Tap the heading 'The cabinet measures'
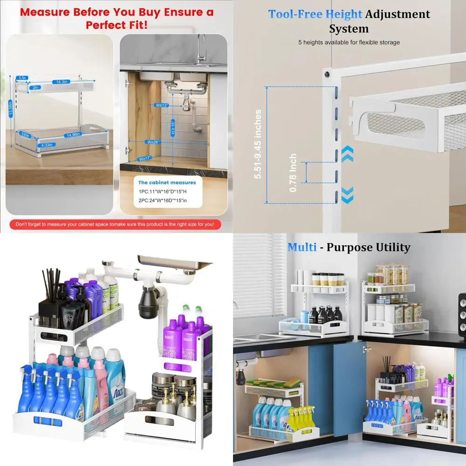pyautogui.click(x=167, y=183)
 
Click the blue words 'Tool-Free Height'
pyautogui.click(x=315, y=14)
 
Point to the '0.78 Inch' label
pyautogui.click(x=293, y=173)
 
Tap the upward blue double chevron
pyautogui.click(x=347, y=154)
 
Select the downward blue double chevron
pyautogui.click(x=347, y=194)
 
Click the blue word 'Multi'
pyautogui.click(x=302, y=247)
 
